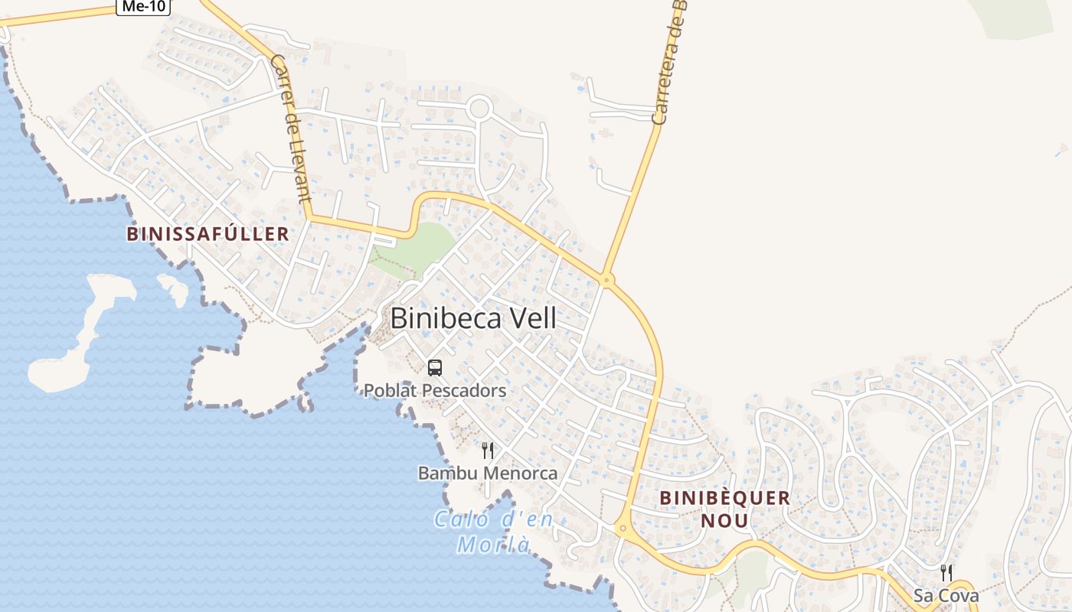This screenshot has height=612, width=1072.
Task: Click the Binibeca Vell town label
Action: tap(473, 318)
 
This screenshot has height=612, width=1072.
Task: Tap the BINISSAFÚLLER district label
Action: tap(208, 234)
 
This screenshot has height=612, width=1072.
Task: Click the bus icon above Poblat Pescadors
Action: tap(435, 368)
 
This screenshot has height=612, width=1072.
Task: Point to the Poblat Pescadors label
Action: tap(435, 391)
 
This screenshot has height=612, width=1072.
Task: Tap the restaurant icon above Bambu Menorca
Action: tap(488, 451)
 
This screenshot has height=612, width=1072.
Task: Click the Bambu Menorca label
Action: tap(488, 474)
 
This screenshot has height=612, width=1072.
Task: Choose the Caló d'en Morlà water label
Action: tap(494, 532)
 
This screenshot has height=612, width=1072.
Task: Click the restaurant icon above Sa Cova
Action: tap(946, 573)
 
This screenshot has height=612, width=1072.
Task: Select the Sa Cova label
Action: tap(946, 595)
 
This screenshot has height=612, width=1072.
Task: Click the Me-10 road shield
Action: tap(143, 6)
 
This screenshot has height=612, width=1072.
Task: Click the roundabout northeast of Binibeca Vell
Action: tap(607, 280)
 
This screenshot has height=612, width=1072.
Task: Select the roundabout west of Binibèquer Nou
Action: tap(623, 527)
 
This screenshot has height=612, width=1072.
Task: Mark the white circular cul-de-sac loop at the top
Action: tap(479, 108)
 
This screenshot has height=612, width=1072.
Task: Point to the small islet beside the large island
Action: tap(175, 288)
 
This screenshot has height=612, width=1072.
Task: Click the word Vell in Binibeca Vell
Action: tap(528, 318)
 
